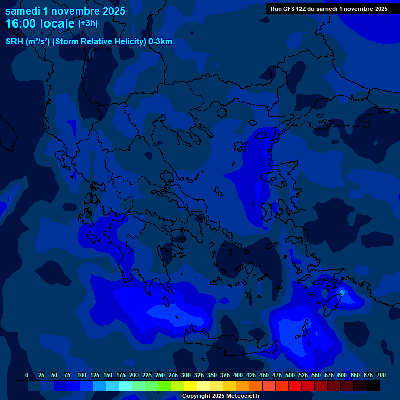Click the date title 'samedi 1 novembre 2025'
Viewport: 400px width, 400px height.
pos(65,11)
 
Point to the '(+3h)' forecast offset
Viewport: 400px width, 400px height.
pos(87,23)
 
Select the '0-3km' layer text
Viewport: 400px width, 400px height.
pos(160,42)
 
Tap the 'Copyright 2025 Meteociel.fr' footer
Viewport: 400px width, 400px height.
pos(221,396)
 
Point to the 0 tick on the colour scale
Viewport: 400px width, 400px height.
pos(27,375)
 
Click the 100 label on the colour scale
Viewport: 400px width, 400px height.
pos(82,375)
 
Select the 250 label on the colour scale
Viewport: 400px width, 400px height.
pos(160,375)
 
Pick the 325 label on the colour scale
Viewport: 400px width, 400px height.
pos(199,375)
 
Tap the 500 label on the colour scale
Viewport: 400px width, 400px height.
pos(290,375)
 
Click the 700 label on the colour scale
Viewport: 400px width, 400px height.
pos(381,375)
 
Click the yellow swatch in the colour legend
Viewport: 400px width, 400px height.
pos(191,385)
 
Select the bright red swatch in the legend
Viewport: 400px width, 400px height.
pos(295,385)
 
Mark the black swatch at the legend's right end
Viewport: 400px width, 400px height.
pos(373,385)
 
